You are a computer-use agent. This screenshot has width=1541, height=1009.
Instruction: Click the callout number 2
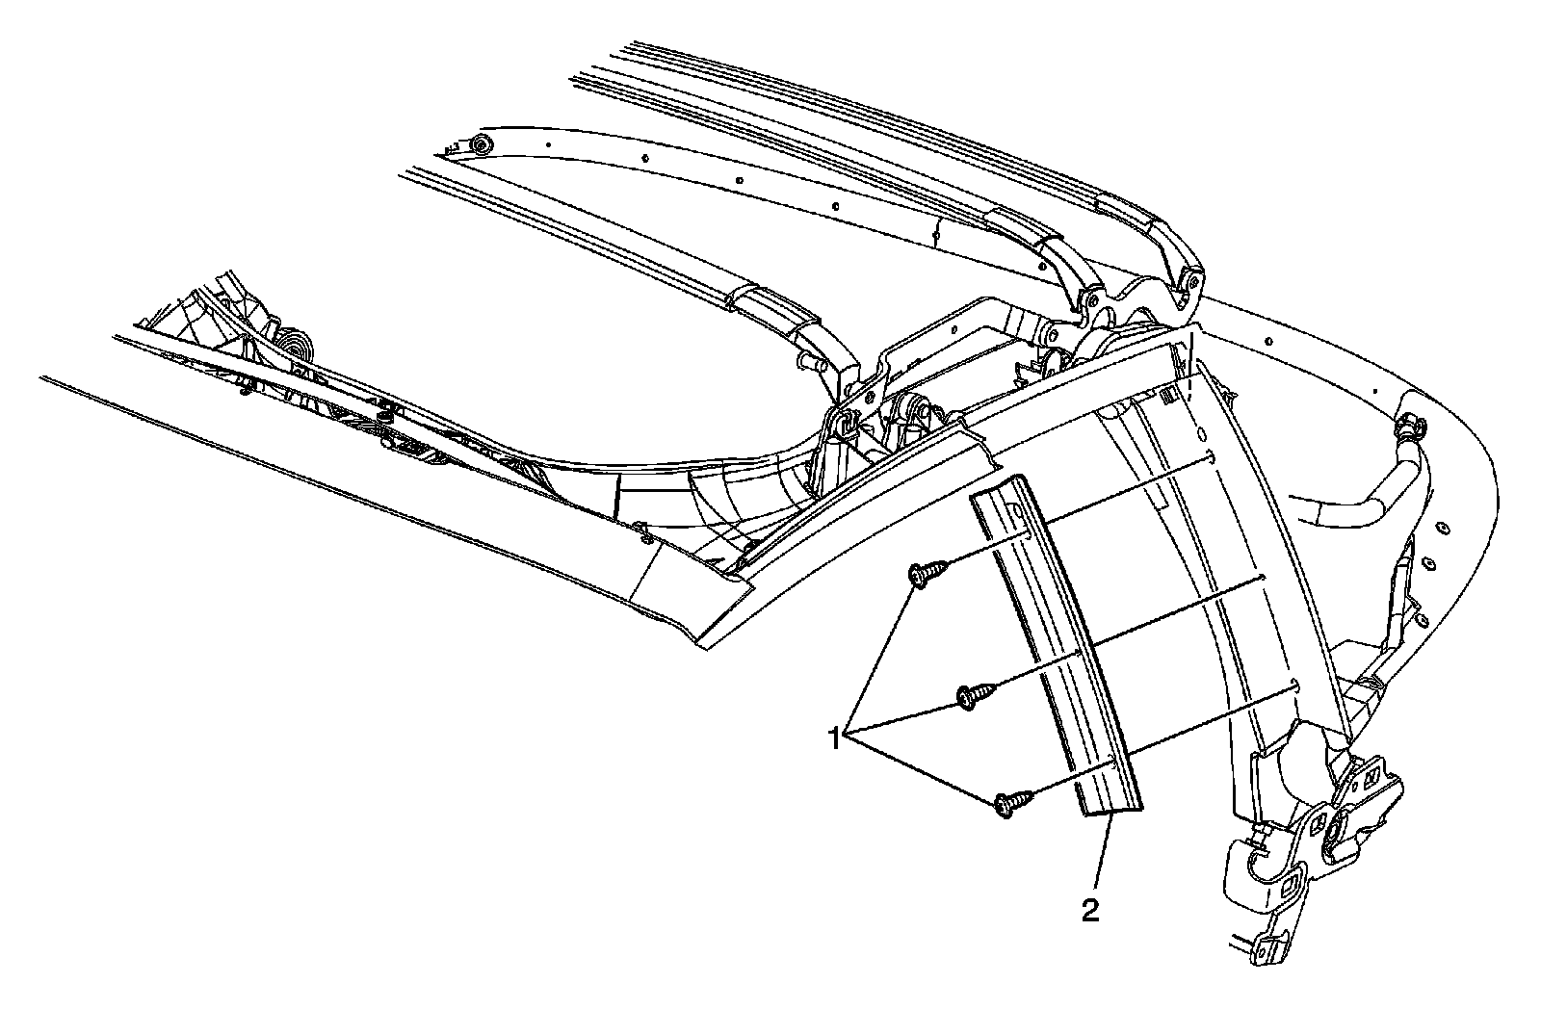[x=1089, y=910]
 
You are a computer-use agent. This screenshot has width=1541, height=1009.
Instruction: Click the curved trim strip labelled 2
[x=1059, y=655]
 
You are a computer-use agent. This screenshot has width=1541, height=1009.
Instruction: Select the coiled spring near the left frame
[x=293, y=349]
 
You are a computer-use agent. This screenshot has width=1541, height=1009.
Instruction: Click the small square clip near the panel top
[x=1167, y=394]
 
